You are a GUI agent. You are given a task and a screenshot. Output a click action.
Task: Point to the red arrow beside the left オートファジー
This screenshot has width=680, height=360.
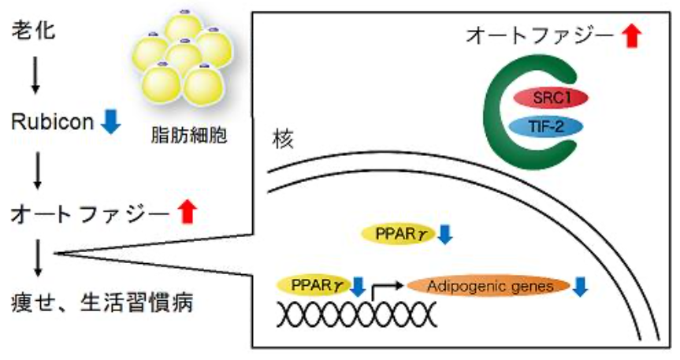(185, 211)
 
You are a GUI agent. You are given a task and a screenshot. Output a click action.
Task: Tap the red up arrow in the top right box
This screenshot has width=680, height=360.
(631, 35)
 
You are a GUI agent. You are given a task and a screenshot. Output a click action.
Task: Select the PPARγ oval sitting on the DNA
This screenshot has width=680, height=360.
(313, 284)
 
